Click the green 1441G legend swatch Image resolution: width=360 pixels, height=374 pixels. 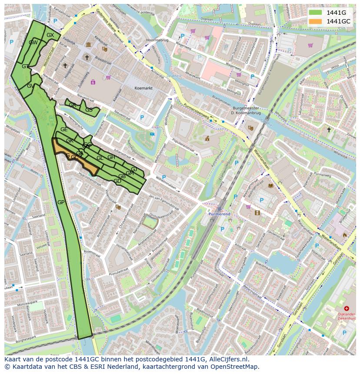tap(316, 13)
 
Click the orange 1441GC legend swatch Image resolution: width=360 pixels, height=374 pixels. tap(316, 21)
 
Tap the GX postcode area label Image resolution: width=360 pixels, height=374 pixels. tap(50, 35)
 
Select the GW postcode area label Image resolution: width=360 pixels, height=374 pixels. tap(33, 43)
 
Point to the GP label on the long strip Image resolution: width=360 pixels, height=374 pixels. tap(61, 202)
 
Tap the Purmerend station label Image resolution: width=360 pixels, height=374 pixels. tap(218, 215)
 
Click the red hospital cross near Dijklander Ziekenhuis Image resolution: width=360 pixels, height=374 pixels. tap(347, 308)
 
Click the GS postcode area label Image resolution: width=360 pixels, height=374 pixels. tap(89, 110)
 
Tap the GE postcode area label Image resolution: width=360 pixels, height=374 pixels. tap(64, 129)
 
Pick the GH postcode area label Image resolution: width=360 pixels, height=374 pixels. tap(111, 157)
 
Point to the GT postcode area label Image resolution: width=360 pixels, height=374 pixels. tap(26, 66)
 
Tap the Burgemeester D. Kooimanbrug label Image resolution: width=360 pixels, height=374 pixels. tap(245, 110)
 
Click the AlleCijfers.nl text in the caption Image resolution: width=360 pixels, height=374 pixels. tap(229, 360)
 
